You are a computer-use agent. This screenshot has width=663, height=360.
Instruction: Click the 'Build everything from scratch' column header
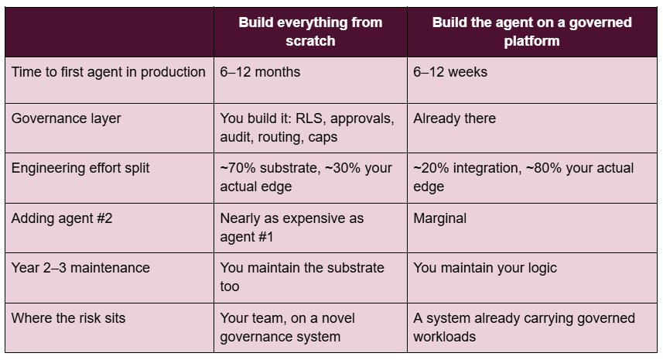pos(310,32)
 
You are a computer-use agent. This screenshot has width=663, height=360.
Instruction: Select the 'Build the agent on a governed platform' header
pos(532,32)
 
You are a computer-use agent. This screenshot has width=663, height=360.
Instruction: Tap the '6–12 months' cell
pos(260,72)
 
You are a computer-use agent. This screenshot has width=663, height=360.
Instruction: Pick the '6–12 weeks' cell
pos(450,72)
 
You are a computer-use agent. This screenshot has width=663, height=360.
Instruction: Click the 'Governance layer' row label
pos(66,118)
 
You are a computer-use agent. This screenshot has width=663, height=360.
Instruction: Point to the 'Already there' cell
pos(455,118)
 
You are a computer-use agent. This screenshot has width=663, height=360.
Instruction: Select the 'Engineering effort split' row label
pos(80,168)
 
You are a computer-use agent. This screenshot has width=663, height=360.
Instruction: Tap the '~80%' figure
pos(544,168)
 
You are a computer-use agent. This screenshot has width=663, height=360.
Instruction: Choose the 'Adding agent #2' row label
pos(62,218)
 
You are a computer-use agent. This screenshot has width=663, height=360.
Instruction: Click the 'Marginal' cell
pos(439,218)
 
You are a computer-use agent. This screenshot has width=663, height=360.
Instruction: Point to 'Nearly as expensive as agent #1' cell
pos(292,228)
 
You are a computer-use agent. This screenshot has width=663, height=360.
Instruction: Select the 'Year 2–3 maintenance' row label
pos(80,268)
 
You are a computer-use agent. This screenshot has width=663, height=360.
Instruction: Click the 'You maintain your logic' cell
pos(485,268)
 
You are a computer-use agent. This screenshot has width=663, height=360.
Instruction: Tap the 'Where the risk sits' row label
pos(69,318)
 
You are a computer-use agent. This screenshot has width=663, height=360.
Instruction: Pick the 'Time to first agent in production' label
pos(108,72)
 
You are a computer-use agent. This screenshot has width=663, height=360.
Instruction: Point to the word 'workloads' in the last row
pos(444,337)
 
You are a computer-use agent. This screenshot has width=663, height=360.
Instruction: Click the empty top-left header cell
pos(110,32)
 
